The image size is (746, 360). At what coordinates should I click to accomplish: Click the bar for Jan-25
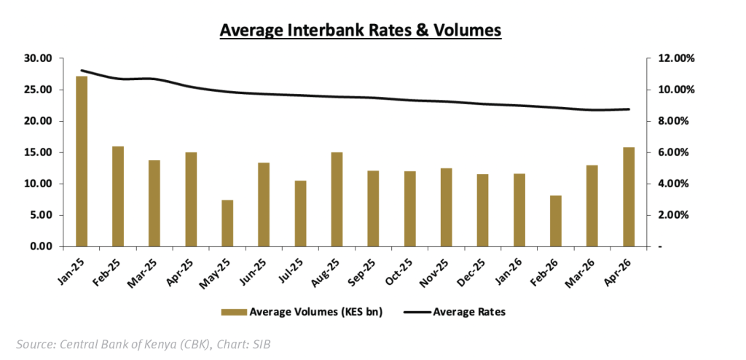[x=82, y=161]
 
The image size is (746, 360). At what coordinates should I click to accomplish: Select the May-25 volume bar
[x=227, y=223]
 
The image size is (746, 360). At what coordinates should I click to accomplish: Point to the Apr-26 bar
[x=629, y=197]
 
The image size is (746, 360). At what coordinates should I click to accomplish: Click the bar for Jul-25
[x=300, y=214]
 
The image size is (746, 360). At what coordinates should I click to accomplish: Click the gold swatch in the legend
[x=232, y=312]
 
